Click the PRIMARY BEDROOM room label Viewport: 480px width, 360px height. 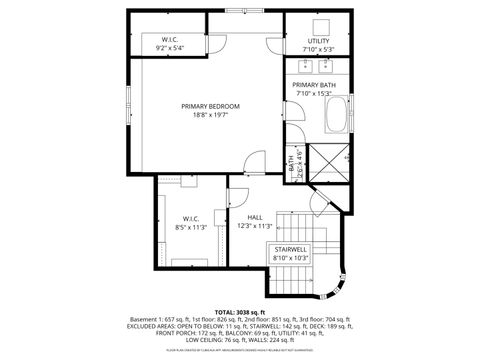(211, 106)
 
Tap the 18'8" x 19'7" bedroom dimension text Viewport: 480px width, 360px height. (211, 115)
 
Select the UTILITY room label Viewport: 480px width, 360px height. (318, 41)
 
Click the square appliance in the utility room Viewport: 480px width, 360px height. (322, 25)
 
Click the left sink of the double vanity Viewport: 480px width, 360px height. (306, 66)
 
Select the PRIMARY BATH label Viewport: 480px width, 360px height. (313, 86)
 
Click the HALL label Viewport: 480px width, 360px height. (255, 217)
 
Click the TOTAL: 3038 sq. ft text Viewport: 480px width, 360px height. (240, 312)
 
